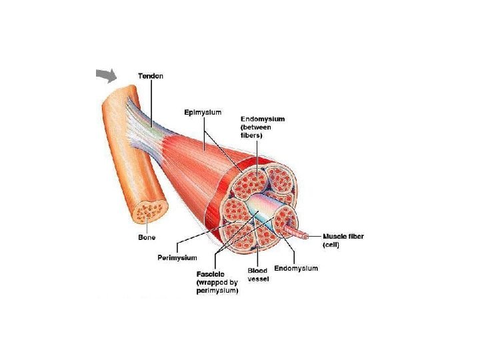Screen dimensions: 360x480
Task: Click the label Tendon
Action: (150, 76)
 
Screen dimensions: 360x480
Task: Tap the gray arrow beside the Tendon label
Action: (107, 77)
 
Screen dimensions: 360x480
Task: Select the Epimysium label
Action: (203, 112)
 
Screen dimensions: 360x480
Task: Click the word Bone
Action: (147, 237)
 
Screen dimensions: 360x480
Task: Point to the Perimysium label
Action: (177, 257)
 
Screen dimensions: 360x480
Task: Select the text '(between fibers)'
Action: (253, 131)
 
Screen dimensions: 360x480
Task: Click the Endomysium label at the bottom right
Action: (296, 268)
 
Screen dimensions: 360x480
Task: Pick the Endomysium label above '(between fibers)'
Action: (262, 119)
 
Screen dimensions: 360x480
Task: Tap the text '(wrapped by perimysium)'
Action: (217, 287)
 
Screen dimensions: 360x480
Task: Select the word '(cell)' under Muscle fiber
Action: (331, 245)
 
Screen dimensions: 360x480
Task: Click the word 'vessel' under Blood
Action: (258, 279)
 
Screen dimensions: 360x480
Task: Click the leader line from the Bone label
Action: (147, 227)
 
